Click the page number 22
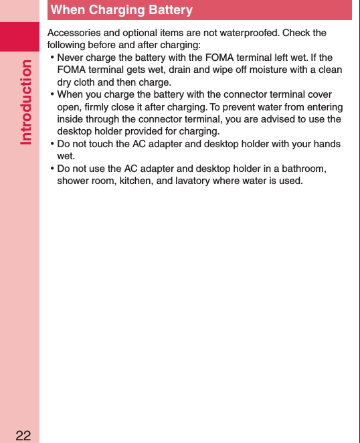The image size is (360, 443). (x=23, y=436)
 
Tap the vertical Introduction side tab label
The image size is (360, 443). (x=27, y=102)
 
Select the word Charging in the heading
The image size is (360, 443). (x=115, y=10)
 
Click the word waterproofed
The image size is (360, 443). (x=250, y=33)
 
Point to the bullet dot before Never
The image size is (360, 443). (x=52, y=58)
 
